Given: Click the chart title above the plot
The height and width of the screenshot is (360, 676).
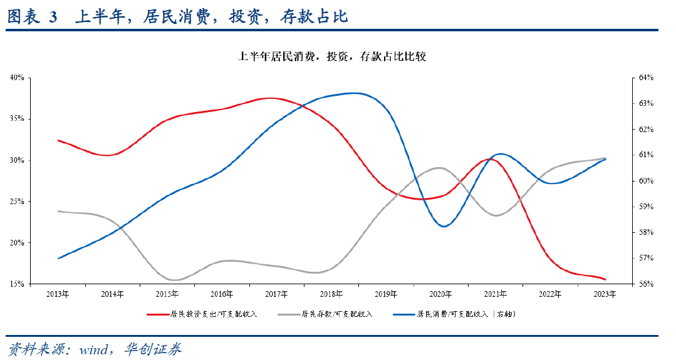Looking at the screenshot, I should coord(333,57).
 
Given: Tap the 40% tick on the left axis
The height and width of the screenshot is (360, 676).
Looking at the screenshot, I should coord(17,78).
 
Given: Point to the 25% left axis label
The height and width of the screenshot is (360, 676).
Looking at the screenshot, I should coord(17,202).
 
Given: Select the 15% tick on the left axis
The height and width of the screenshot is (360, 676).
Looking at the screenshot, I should coord(17,284).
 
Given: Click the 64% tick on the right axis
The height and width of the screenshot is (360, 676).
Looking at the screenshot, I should coord(646,78).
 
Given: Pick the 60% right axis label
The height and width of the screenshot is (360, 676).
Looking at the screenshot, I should coord(646,181).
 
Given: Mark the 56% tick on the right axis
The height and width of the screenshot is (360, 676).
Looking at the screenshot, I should coord(646,284).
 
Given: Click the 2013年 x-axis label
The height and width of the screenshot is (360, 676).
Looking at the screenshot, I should coord(58,294).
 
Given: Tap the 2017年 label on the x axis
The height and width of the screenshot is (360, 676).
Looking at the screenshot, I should coord(276,294).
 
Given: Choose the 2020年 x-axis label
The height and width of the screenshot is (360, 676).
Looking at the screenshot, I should coord(440,294).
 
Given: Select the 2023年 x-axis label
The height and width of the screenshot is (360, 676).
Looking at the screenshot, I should coord(604,294).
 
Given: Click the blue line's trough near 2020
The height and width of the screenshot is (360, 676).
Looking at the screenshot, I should coord(444,227).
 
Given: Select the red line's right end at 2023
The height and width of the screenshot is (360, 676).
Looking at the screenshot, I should coord(605,280).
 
